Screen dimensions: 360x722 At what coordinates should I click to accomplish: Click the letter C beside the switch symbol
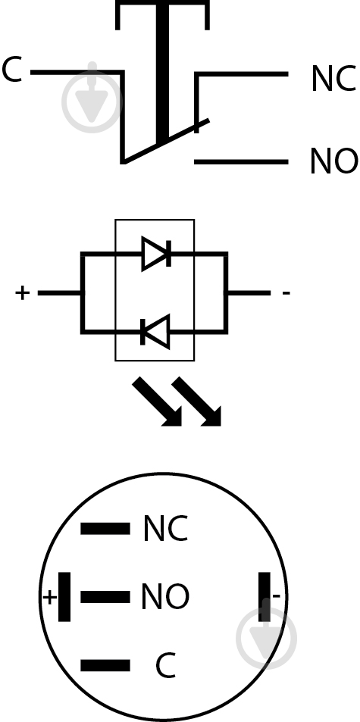coord(12,70)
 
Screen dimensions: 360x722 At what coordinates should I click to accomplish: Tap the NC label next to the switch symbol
coord(333,79)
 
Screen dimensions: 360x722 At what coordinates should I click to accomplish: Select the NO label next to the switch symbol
coord(333,161)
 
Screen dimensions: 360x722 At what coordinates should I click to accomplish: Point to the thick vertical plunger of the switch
coord(162,73)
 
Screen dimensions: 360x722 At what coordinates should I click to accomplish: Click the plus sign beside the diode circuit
coord(22,292)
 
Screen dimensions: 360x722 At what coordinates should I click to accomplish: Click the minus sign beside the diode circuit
coord(286,292)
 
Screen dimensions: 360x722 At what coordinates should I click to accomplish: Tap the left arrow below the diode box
coord(157,402)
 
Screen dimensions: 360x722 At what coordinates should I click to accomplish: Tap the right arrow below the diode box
coord(196,402)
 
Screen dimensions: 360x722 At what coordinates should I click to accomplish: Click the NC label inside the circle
coord(166,528)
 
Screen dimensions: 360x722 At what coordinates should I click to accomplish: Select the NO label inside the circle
coord(164,597)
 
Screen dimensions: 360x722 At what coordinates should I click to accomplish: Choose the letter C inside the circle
coord(165,665)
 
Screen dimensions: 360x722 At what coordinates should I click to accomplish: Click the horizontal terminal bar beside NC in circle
coord(105,529)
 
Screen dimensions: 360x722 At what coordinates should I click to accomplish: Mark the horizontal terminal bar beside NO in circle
coord(105,597)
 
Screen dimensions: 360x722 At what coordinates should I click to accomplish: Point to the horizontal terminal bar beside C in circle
coord(105,665)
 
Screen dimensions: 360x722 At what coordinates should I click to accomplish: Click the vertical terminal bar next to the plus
coord(64,597)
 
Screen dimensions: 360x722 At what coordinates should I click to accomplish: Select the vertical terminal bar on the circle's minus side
coord(265,597)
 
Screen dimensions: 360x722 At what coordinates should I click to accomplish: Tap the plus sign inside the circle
coord(50,598)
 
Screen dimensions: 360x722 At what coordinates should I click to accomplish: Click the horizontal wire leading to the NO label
coord(241,161)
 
